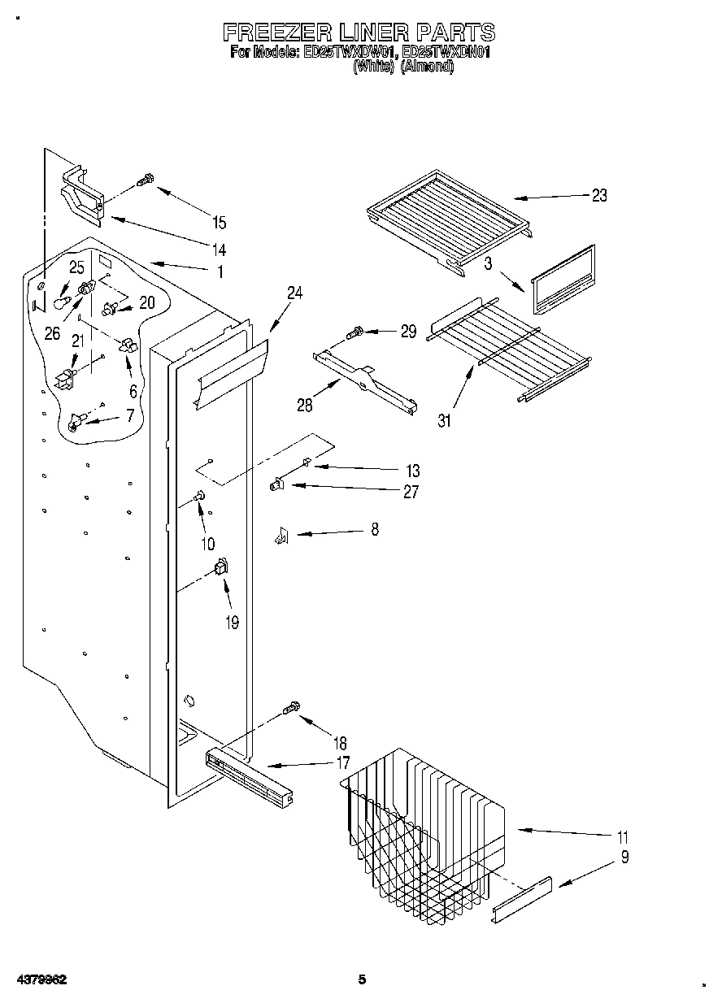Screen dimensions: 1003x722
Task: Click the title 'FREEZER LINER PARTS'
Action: pyautogui.click(x=359, y=32)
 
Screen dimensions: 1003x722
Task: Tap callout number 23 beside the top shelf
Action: pyautogui.click(x=599, y=195)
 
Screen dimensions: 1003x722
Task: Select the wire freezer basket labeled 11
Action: pyautogui.click(x=423, y=821)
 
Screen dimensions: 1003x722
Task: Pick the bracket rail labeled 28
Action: pyautogui.click(x=366, y=380)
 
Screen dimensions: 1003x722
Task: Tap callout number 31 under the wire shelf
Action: pyautogui.click(x=445, y=421)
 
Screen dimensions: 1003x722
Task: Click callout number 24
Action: pyautogui.click(x=294, y=293)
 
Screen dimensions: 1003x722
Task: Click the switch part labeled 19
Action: pyautogui.click(x=220, y=570)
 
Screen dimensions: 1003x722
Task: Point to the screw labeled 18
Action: pyautogui.click(x=291, y=710)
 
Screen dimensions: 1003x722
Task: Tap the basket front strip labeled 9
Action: pyautogui.click(x=522, y=900)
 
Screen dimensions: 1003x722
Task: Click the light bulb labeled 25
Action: pyautogui.click(x=60, y=302)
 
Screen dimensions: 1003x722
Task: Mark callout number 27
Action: pyautogui.click(x=411, y=491)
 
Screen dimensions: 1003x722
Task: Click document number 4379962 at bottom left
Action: pyautogui.click(x=39, y=979)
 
